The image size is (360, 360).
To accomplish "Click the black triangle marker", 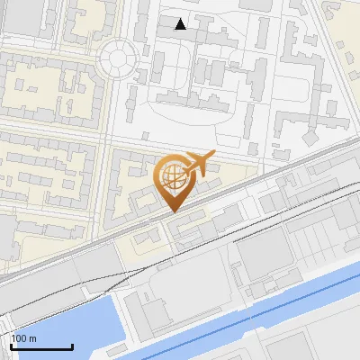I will coord(181,24).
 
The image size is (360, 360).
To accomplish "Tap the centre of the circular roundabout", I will coord(118,59).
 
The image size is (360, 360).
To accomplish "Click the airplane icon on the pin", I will coord(198,165).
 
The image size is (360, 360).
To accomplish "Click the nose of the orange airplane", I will coord(213,155).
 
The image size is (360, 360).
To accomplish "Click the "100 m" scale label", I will coord(23,338).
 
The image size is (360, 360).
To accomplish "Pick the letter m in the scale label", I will coord(31,338).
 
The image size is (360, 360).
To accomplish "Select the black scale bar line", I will coord(41,346).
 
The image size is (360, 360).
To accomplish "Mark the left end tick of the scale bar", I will coord(11,345).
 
